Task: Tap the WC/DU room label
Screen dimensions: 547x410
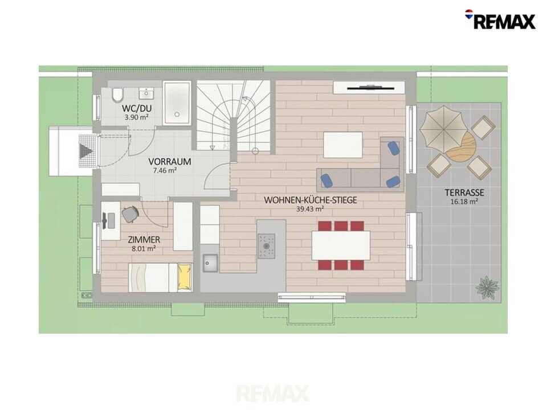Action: pos(137,108)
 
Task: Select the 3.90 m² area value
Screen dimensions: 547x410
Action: pos(136,117)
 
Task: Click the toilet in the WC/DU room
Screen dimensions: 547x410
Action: pos(118,95)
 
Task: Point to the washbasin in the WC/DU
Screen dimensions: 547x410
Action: pos(146,93)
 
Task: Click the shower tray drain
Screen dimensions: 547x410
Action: pos(177,114)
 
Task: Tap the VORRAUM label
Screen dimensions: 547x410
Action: pos(170,162)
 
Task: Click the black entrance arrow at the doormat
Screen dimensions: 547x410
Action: pos(86,151)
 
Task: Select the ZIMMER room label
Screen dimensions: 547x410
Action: pos(144,240)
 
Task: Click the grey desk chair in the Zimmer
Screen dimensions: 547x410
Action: pos(130,214)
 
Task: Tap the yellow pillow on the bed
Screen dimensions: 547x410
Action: pos(185,277)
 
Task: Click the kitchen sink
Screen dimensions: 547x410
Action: pos(211,263)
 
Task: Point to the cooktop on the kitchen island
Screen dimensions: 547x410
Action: pos(267,246)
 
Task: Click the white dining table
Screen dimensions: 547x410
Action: pos(341,245)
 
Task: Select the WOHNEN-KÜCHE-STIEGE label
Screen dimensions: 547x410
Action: pos(310,200)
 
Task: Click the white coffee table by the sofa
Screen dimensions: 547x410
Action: pos(343,145)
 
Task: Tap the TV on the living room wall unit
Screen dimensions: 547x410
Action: pos(371,87)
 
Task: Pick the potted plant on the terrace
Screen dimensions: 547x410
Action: pos(487,287)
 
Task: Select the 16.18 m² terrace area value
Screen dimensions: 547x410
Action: pos(464,202)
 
